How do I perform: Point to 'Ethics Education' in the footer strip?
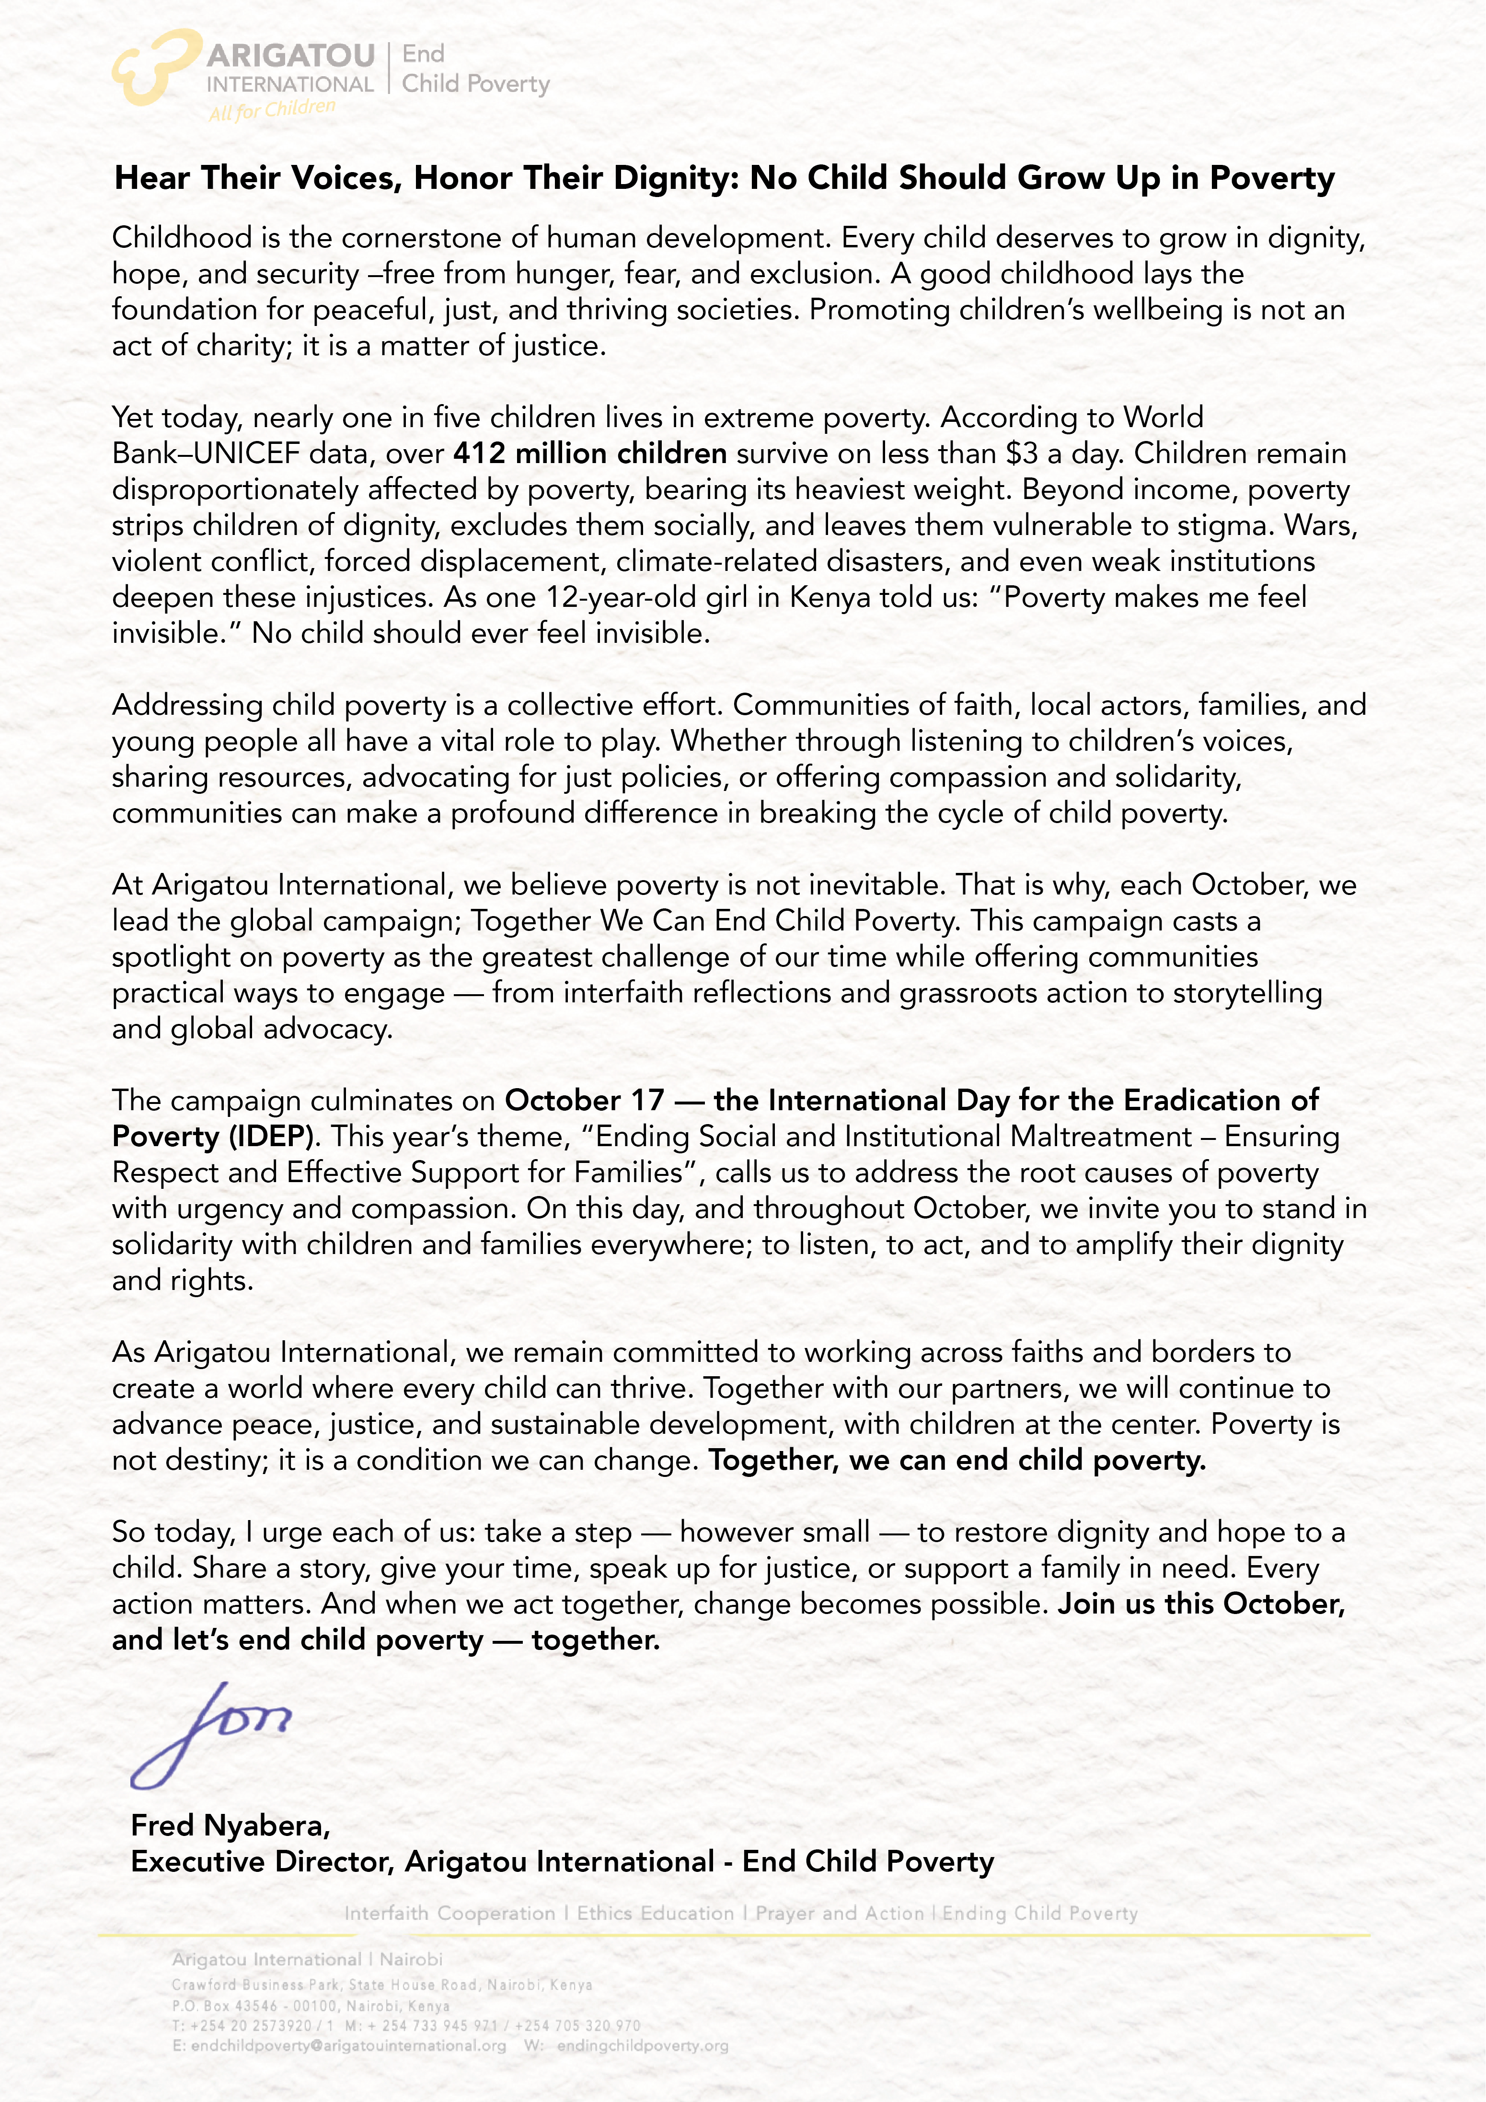655,1914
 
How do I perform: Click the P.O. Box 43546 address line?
310,2006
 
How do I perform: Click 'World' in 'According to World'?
1163,418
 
